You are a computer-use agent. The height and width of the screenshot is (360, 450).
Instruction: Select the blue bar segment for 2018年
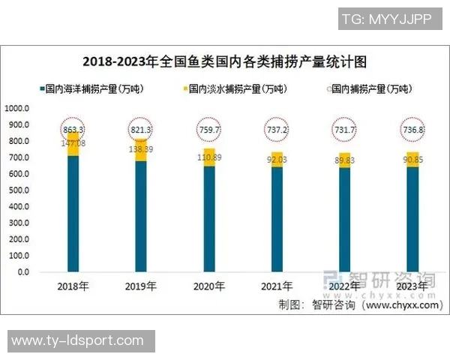click(x=73, y=214)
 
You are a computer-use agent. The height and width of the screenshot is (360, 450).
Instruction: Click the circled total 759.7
click(x=208, y=130)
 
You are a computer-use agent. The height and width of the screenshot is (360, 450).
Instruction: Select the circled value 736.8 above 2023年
click(x=412, y=130)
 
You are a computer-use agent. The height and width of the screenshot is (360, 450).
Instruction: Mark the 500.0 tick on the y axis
click(x=19, y=190)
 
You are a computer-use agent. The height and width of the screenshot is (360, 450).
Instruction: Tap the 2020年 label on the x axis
click(x=208, y=286)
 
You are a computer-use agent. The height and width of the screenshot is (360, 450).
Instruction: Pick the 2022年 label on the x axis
click(x=344, y=286)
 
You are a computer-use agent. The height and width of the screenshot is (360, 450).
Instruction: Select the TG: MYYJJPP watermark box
click(x=386, y=19)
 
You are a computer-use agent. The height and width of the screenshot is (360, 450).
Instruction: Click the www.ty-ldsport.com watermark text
click(x=78, y=341)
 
